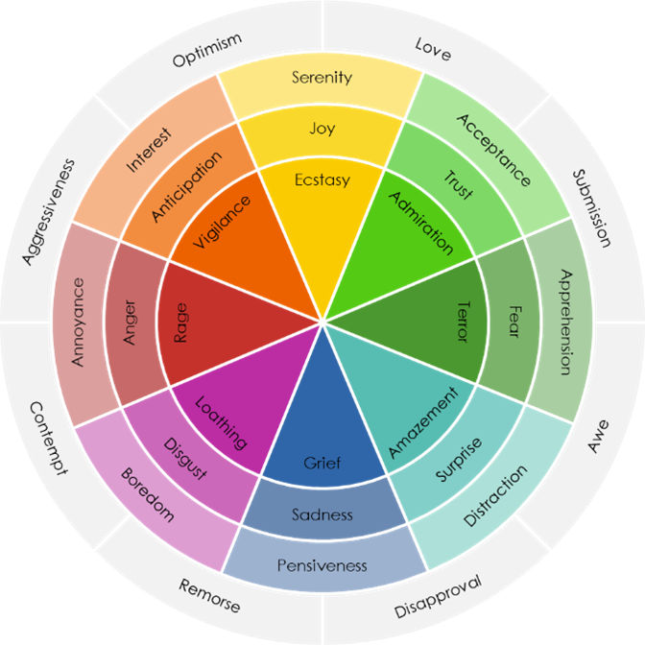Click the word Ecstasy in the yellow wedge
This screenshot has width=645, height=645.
(x=322, y=180)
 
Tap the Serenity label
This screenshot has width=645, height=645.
(x=322, y=78)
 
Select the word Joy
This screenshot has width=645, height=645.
(x=322, y=129)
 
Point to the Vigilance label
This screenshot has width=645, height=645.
(x=223, y=222)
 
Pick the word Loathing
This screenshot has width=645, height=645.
(x=222, y=423)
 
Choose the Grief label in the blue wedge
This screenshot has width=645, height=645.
(x=322, y=464)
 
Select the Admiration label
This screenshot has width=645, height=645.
(x=421, y=223)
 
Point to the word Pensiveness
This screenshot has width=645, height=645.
(x=322, y=565)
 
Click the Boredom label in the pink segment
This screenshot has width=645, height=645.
(x=147, y=495)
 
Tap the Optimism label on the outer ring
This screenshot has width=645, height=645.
(x=206, y=50)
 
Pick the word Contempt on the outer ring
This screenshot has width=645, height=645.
(x=48, y=438)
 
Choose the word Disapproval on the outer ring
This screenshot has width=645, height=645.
(x=438, y=597)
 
